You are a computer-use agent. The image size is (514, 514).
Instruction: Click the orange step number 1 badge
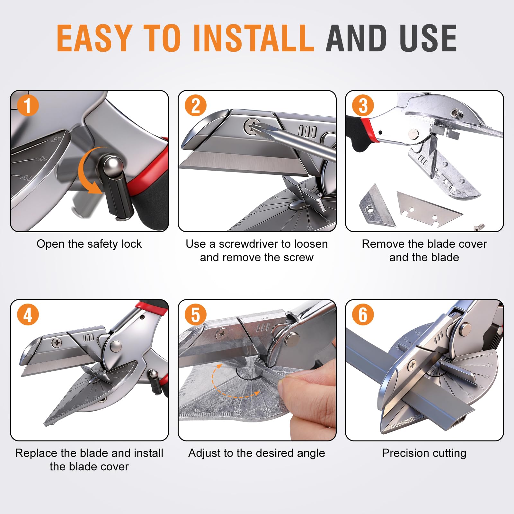click(28, 106)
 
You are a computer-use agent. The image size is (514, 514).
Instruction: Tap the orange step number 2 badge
click(196, 106)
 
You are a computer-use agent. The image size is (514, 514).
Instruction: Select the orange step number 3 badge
click(363, 106)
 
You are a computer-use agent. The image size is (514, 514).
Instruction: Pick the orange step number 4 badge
click(28, 315)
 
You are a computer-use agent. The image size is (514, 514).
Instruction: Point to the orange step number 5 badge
click(196, 315)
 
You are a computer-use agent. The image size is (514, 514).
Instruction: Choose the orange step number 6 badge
click(363, 315)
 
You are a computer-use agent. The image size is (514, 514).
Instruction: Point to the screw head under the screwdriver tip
click(253, 126)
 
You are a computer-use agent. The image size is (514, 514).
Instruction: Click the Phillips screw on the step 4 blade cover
click(57, 343)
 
